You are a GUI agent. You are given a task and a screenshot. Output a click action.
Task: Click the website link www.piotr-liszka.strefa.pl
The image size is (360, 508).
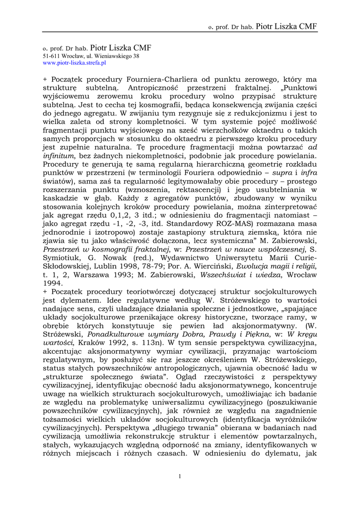pyautogui.click(x=74, y=63)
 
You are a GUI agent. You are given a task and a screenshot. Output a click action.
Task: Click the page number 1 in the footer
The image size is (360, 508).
pyautogui.click(x=180, y=477)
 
